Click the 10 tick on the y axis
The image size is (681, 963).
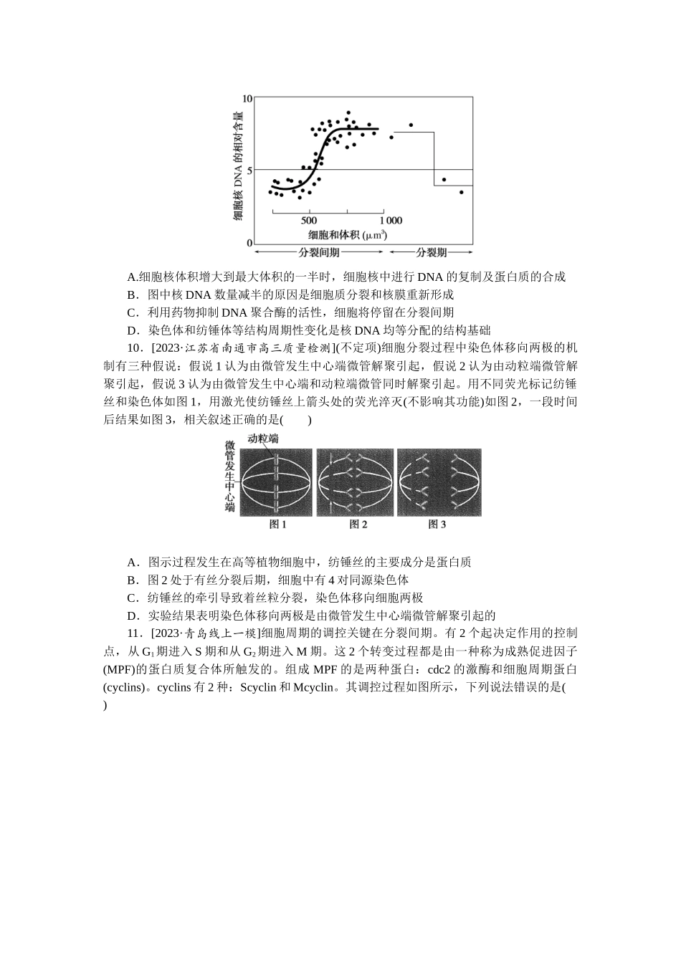pos(247,97)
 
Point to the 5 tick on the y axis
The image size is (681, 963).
pos(249,170)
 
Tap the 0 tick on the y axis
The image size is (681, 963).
pos(249,243)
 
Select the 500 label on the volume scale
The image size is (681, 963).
pos(309,220)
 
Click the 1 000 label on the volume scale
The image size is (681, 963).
pos(390,220)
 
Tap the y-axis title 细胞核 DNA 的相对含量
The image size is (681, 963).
pos(238,164)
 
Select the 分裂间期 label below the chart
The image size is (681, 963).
pos(320,252)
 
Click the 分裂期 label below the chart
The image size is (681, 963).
pos(432,252)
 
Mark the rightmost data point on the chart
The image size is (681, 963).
pos(462,192)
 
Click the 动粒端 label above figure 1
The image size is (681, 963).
pos(263,439)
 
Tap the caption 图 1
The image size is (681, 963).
pos(277,524)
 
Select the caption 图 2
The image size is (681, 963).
pos(358,524)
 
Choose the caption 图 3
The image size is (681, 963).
pos(437,524)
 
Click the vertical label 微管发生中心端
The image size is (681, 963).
pos(229,476)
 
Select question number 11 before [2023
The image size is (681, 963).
pos(133,633)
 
